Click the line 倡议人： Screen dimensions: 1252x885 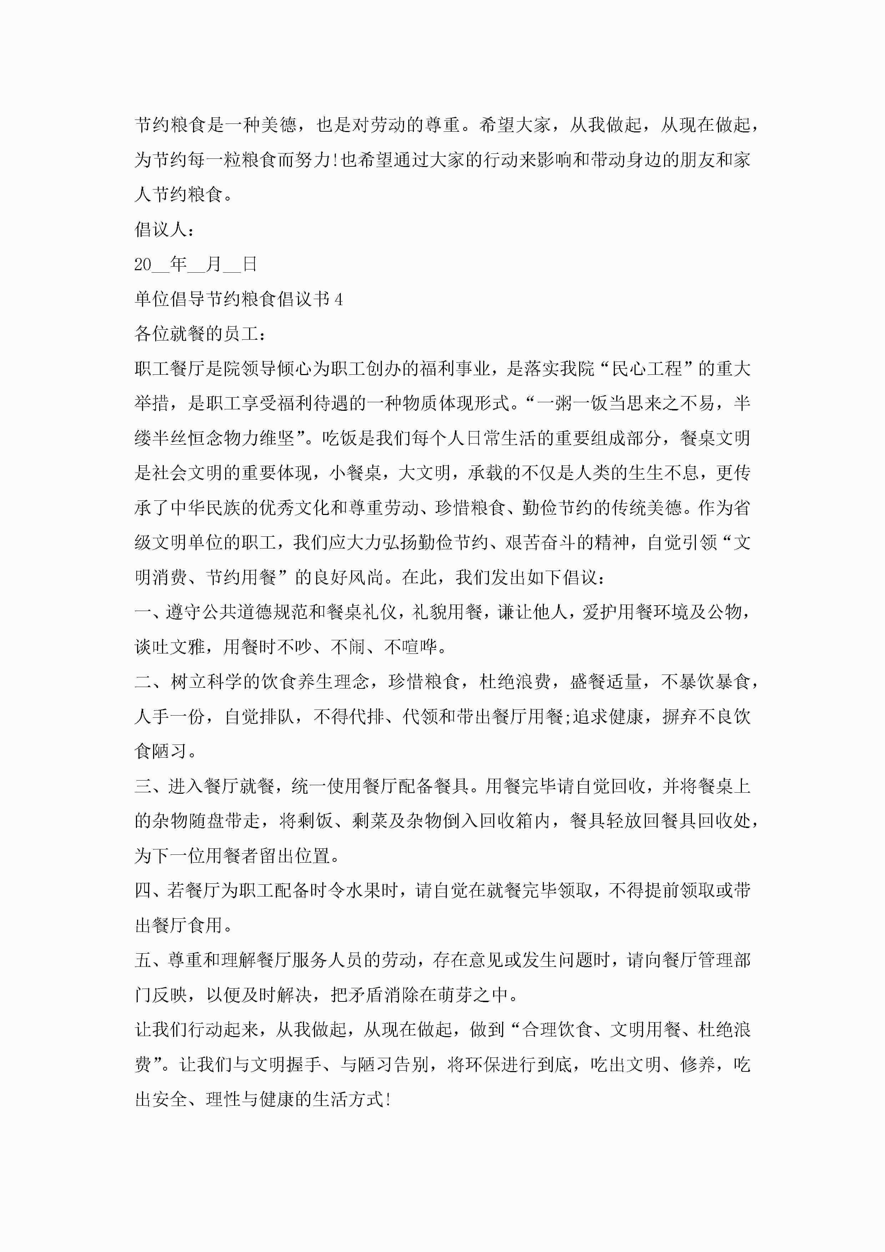(163, 229)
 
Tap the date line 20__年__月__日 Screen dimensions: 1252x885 (195, 264)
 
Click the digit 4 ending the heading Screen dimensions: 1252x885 (339, 299)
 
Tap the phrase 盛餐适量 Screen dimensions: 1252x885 (605, 682)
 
